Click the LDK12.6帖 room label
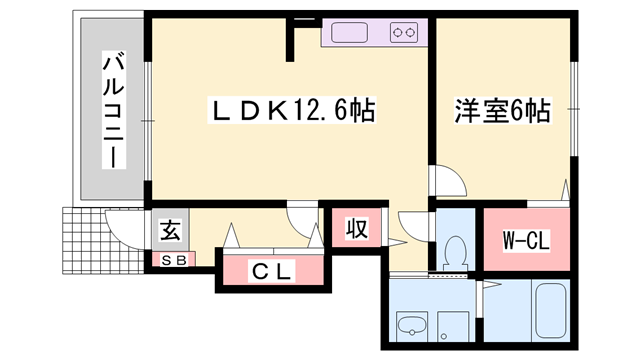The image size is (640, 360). (292, 111)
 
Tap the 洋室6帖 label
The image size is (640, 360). (502, 111)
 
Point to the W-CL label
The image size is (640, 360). (526, 240)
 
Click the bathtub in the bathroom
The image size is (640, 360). (548, 315)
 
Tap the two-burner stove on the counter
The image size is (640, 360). (405, 33)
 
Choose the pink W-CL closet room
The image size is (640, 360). (526, 240)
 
